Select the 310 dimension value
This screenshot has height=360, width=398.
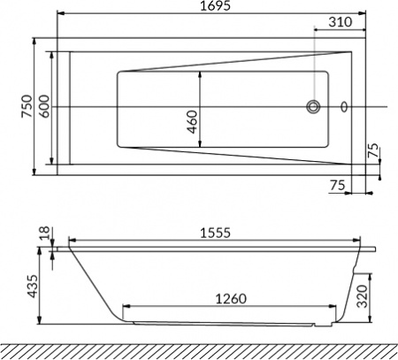coord(340,21)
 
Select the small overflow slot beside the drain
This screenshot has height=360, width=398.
coord(344,108)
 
